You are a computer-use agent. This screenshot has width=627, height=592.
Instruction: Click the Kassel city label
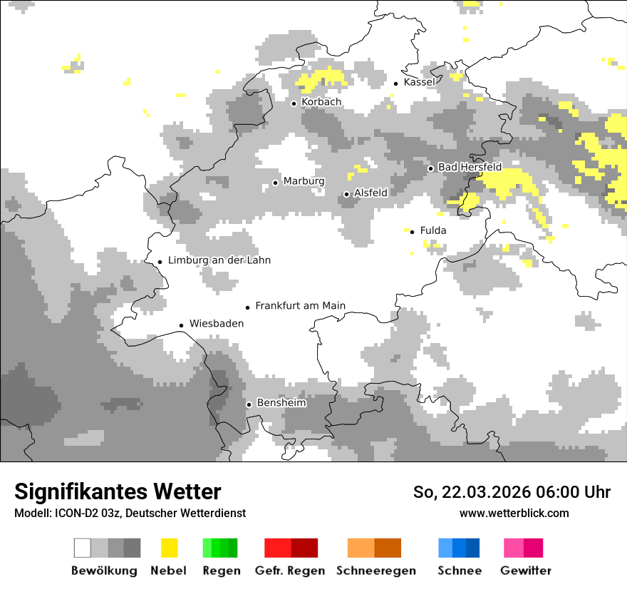(x=419, y=82)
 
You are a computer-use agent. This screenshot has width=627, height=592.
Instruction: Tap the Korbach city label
(x=321, y=102)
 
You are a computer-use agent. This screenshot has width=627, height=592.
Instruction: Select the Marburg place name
(x=304, y=181)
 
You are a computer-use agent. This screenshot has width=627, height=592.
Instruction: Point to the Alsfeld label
(x=370, y=193)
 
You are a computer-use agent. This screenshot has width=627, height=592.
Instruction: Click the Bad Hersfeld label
(x=470, y=167)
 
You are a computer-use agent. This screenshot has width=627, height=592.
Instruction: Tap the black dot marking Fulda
(x=412, y=231)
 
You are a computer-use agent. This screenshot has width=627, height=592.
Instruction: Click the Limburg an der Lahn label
(x=219, y=260)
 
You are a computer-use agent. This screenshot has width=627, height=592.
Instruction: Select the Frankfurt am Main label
(x=300, y=306)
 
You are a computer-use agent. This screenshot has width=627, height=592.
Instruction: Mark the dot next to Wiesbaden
(x=182, y=325)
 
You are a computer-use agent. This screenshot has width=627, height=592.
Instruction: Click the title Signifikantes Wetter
(x=118, y=492)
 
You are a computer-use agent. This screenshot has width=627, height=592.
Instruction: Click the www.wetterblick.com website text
(x=514, y=513)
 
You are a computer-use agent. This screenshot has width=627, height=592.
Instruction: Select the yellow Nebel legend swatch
(x=170, y=548)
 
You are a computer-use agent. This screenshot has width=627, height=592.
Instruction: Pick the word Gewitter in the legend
(x=526, y=571)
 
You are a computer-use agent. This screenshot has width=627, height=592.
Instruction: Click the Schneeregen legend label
(x=375, y=571)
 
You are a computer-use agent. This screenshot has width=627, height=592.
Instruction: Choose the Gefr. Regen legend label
(x=290, y=571)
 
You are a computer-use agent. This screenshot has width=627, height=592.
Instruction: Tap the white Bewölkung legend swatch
(x=83, y=548)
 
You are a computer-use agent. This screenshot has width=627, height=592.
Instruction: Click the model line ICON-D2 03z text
(x=130, y=513)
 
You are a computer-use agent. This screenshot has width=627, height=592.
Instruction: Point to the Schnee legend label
(x=460, y=571)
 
